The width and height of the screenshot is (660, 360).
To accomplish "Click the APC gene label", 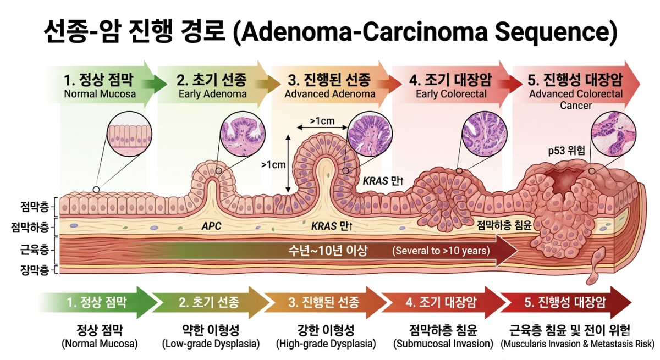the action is click(x=211, y=226).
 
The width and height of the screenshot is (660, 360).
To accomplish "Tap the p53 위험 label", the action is click(x=566, y=151).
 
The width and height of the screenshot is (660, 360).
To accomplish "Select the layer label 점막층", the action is click(x=35, y=207).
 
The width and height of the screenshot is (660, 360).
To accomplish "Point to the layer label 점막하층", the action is click(x=30, y=227).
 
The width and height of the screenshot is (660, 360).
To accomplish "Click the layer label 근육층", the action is click(x=35, y=250).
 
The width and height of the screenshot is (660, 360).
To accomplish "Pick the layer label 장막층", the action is click(x=35, y=270).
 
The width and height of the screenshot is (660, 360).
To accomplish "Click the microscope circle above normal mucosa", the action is click(x=130, y=134).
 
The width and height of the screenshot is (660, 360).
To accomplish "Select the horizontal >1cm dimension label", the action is click(x=322, y=121).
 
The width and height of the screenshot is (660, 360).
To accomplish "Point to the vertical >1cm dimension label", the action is click(x=273, y=165).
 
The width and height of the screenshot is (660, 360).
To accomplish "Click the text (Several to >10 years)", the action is click(x=441, y=251).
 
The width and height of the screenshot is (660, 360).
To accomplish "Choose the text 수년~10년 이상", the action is click(x=328, y=251).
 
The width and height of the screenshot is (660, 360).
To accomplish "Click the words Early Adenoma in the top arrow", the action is click(x=212, y=94).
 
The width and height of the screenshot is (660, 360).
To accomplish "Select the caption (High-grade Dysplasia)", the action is click(x=326, y=344).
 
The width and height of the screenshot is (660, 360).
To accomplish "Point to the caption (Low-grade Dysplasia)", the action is click(x=211, y=344).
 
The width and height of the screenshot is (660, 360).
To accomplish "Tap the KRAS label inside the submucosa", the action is click(x=332, y=226).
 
